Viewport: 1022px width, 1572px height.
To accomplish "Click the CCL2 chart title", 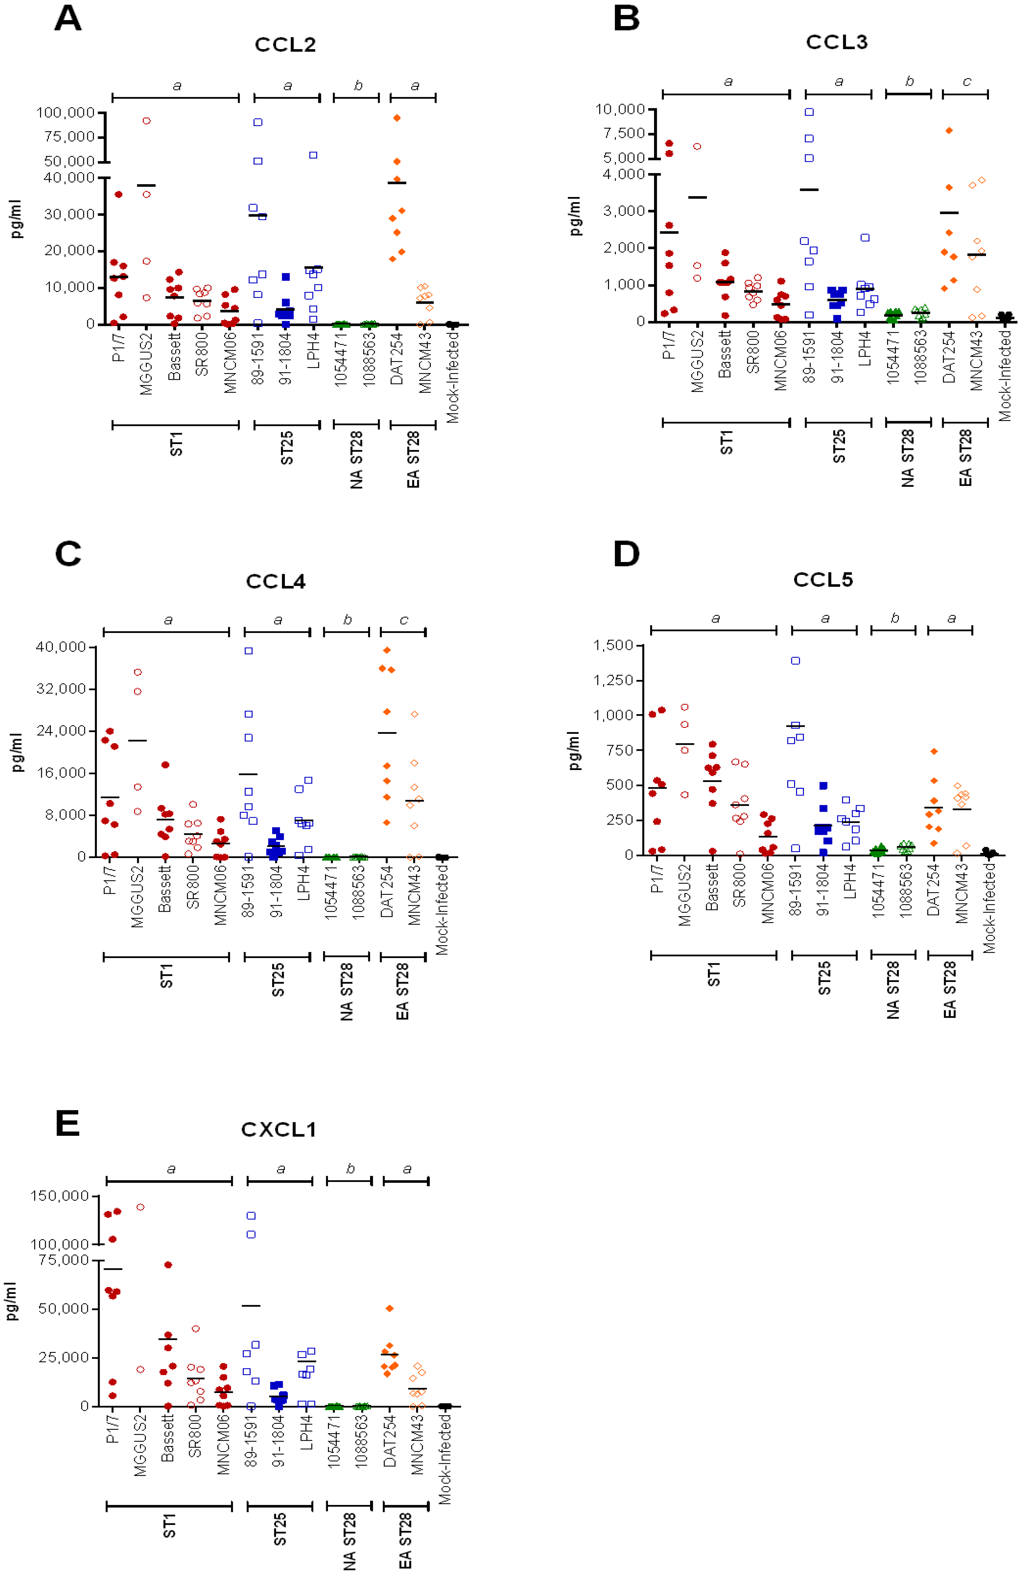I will click(x=285, y=45).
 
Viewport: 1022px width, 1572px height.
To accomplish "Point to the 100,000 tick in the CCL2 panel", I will click(x=65, y=113).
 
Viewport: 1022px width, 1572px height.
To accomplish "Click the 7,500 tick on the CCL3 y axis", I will click(x=623, y=133).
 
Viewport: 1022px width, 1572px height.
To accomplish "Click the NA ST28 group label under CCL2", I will click(x=356, y=460).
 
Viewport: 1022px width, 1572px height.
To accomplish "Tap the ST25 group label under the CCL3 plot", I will click(x=838, y=447).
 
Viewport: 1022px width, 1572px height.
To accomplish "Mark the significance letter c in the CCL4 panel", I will click(x=403, y=620).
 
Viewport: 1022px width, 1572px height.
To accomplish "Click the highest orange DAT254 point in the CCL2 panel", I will click(x=397, y=118).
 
